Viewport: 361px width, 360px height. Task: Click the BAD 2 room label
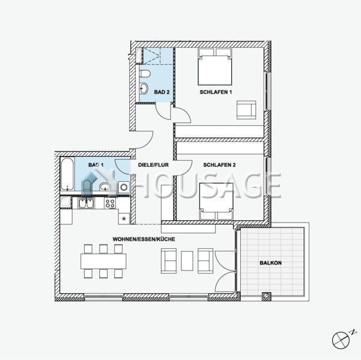pyautogui.click(x=162, y=92)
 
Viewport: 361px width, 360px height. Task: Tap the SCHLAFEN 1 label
pyautogui.click(x=216, y=92)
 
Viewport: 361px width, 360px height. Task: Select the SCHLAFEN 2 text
pyautogui.click(x=219, y=165)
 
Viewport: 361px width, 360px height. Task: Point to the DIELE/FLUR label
pyautogui.click(x=153, y=165)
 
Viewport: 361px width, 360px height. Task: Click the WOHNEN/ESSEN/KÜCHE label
pyautogui.click(x=144, y=239)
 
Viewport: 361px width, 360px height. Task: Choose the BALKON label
pyautogui.click(x=270, y=263)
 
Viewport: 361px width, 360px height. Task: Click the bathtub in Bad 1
pyautogui.click(x=67, y=173)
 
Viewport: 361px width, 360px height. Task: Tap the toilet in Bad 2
pyautogui.click(x=145, y=74)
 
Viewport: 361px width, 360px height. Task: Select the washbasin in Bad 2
pyautogui.click(x=144, y=88)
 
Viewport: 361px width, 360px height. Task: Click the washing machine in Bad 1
pyautogui.click(x=124, y=187)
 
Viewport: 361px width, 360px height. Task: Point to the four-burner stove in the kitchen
pyautogui.click(x=109, y=203)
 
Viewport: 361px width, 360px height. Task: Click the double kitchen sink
pyautogui.click(x=86, y=203)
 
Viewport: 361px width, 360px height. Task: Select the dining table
pyautogui.click(x=103, y=261)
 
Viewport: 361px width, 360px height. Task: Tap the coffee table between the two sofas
pyautogui.click(x=187, y=261)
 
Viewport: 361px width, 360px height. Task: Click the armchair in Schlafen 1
pyautogui.click(x=246, y=110)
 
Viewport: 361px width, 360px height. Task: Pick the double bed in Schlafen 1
pyautogui.click(x=215, y=67)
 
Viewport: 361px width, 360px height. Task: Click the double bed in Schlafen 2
pyautogui.click(x=216, y=201)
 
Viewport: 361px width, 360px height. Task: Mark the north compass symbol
pyautogui.click(x=341, y=340)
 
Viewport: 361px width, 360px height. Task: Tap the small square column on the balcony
pyautogui.click(x=267, y=296)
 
